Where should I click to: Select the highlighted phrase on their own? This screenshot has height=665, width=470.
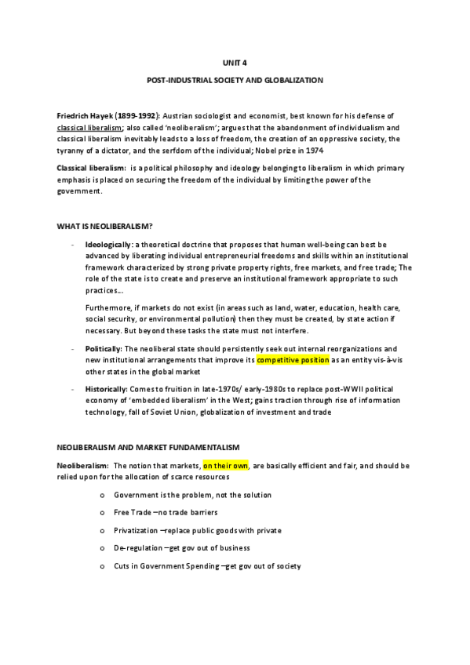[225, 465]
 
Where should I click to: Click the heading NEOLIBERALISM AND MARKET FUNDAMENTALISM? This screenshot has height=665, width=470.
[142, 446]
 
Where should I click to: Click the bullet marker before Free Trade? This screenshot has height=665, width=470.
[104, 513]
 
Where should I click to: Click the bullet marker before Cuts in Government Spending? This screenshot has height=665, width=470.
[104, 565]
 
